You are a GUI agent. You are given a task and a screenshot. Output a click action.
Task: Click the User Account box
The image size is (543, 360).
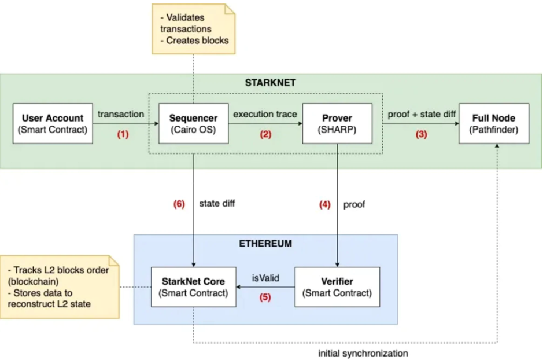point(53,123)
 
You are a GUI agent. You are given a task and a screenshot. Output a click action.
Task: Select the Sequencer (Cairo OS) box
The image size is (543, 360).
point(193,123)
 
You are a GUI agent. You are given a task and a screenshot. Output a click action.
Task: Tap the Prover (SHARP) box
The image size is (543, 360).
point(337,123)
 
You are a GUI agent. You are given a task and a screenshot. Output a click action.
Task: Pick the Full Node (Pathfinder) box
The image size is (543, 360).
point(494,123)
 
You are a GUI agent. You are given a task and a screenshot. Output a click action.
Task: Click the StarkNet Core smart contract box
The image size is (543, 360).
point(194,287)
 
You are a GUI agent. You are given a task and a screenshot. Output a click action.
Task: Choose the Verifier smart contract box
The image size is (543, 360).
point(337,287)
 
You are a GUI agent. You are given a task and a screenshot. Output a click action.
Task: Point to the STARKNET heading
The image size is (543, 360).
point(271,83)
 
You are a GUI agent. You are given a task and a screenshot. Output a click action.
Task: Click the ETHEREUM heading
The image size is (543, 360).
point(265,244)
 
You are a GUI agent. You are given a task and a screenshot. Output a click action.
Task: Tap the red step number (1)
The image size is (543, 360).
point(123,134)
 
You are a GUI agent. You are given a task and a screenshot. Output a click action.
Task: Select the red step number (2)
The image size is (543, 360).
point(265,134)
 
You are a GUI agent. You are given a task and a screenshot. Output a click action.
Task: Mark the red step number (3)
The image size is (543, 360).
point(422,134)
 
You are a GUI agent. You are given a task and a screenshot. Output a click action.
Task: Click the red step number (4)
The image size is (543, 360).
point(325,204)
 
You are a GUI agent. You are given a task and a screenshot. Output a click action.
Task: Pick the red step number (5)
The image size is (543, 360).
point(265,297)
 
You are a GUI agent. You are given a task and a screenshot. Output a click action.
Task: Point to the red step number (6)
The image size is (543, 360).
point(179,204)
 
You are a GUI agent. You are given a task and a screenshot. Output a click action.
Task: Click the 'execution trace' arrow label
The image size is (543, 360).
point(265,115)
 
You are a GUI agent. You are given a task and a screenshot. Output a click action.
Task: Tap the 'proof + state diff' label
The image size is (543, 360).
point(422,115)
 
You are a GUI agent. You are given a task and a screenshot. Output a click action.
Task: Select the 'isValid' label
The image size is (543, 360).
point(265,278)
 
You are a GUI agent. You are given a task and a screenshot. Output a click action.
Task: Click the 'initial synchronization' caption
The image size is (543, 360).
point(363,354)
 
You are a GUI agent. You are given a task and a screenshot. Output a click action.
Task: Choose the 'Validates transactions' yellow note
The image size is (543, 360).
point(194,29)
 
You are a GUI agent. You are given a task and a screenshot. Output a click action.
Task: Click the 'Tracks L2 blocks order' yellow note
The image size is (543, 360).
point(60,287)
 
